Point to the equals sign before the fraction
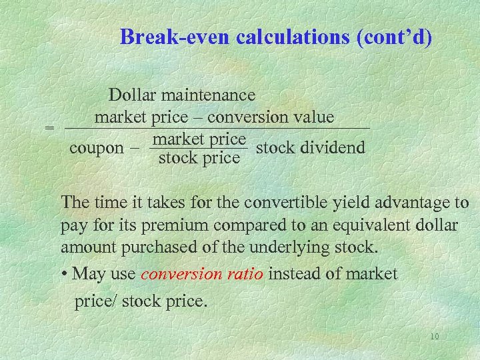coord(49,127)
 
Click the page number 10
coord(434,337)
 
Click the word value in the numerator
coord(313,117)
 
